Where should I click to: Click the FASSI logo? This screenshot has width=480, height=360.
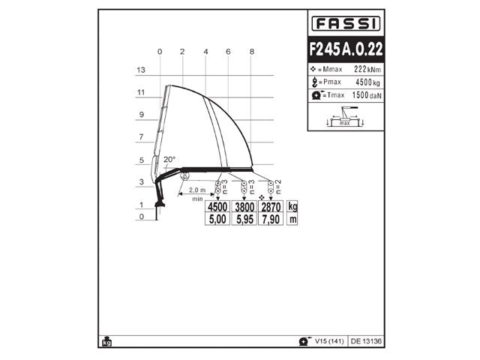[x=346, y=23]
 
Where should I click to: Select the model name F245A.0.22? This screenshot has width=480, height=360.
[x=346, y=49]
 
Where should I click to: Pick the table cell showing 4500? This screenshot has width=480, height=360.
[x=217, y=207]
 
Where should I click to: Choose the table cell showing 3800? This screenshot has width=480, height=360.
[x=244, y=207]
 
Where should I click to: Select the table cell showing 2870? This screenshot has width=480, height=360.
[x=270, y=207]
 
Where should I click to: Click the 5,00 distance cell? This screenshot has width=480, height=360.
[x=217, y=219]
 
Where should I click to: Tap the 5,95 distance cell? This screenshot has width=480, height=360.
[x=244, y=219]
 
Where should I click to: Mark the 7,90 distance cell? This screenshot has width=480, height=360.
[x=270, y=219]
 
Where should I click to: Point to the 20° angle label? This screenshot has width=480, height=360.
[x=169, y=159]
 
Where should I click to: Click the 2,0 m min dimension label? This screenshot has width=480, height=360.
[x=197, y=190]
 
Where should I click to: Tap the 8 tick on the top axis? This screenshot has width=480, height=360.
[x=251, y=52]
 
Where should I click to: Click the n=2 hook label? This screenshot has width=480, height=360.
[x=278, y=184]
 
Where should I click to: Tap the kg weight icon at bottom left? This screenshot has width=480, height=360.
[x=106, y=341]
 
